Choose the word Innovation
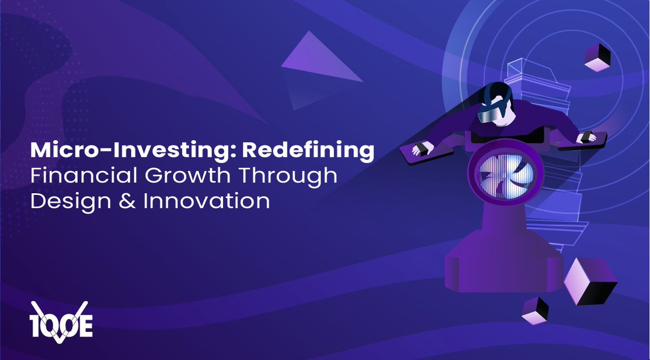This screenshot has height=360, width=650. pos(206,201)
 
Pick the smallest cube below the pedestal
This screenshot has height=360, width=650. pos(535,311)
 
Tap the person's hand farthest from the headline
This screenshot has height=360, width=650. pos(584,137)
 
